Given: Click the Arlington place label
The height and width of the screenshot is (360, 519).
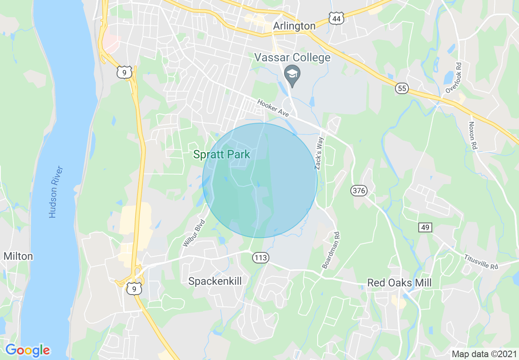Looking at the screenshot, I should (294, 26).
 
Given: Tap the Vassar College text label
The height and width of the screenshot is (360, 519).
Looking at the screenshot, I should (292, 57).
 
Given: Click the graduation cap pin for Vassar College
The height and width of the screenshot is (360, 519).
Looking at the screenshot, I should (292, 75).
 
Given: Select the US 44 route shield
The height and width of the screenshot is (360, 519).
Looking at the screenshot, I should (336, 18).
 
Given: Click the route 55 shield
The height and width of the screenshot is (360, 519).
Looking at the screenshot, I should (402, 88).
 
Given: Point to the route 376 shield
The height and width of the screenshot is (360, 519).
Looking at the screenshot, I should (359, 190).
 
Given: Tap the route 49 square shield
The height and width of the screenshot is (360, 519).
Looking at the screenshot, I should (425, 227).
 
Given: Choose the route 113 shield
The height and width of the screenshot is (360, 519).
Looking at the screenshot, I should (260, 258).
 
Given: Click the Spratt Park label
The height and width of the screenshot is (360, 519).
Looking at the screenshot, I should (221, 155).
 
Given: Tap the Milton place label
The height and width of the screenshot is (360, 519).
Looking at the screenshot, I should (18, 256).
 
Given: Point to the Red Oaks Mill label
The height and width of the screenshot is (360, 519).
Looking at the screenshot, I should (399, 283).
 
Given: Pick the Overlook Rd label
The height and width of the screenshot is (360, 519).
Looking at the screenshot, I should (454, 78).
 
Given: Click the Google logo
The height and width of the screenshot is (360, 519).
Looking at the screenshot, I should (27, 350).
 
